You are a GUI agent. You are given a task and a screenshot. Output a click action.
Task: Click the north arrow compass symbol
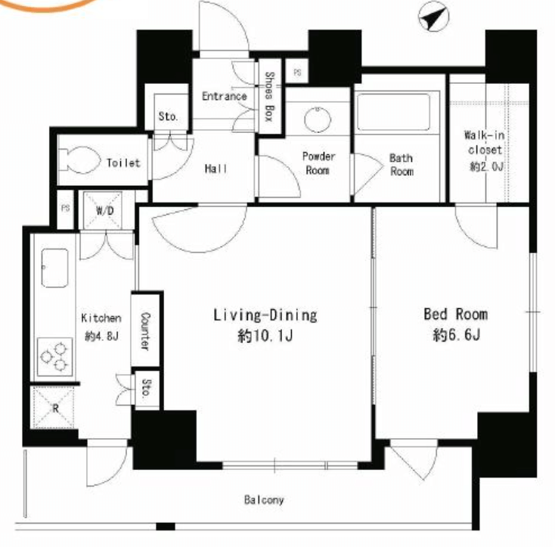click(433, 17)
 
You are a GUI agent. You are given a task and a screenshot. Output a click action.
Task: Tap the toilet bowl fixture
click(79, 160)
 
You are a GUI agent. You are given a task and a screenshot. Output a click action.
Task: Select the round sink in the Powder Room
click(318, 119)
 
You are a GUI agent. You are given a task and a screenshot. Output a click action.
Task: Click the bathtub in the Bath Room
click(394, 112)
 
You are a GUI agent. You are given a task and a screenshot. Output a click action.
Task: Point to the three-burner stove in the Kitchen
click(55, 357)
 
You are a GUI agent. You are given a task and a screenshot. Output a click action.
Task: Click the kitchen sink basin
click(54, 267)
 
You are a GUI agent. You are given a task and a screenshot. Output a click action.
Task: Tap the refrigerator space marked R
click(54, 408)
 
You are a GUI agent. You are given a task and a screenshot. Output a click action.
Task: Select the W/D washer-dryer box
click(103, 210)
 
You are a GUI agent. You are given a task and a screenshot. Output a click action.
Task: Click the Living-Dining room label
click(265, 315)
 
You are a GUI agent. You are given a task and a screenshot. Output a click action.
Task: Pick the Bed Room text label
click(456, 314)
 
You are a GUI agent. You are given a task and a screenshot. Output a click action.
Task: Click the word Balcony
click(264, 499)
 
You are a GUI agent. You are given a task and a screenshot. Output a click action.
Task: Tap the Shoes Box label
click(270, 96)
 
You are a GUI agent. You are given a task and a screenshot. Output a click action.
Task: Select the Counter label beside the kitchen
click(145, 332)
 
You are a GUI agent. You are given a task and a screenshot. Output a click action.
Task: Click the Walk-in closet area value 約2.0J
click(486, 166)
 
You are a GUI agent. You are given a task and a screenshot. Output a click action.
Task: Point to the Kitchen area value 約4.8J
click(101, 336)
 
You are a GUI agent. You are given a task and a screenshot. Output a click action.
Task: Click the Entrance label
click(225, 96)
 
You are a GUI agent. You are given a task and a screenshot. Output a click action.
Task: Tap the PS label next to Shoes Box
click(297, 73)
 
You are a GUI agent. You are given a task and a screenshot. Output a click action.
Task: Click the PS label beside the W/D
click(66, 209)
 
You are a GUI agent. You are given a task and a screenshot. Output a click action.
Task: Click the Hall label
click(216, 168)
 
